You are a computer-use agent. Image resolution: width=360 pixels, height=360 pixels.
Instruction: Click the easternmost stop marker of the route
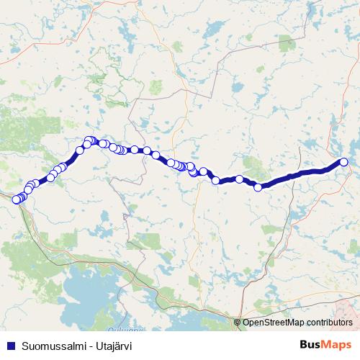point(343,162)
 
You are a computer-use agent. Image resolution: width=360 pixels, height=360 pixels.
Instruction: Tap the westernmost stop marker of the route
point(17,199)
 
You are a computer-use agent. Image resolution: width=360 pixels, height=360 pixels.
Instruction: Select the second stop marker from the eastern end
point(258,187)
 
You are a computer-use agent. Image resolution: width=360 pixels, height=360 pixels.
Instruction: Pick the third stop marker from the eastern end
point(239,179)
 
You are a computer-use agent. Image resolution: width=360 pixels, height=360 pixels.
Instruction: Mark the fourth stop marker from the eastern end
point(215,180)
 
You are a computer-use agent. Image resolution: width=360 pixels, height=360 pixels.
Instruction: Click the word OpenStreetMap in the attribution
point(274,322)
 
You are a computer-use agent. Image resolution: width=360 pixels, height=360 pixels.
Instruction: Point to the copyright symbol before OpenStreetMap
point(238,322)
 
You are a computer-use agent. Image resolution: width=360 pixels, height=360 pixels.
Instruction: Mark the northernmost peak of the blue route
point(90,140)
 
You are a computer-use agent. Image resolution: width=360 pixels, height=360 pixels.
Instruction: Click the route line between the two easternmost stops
point(302,174)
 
